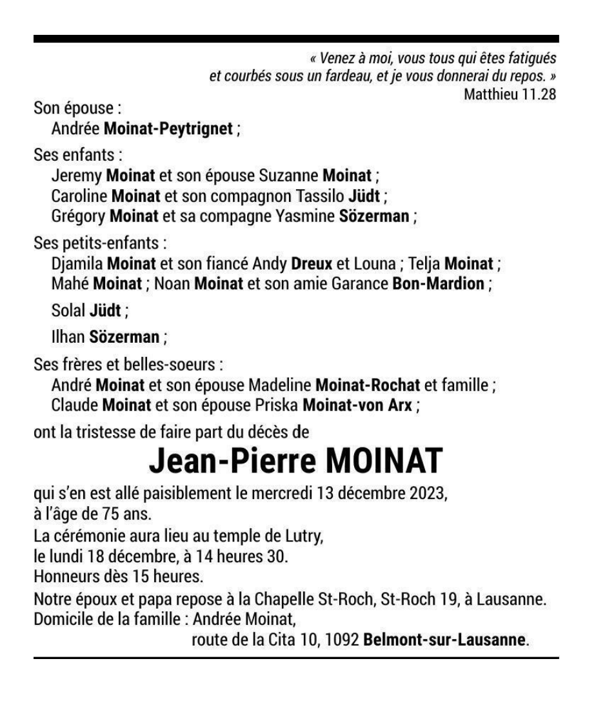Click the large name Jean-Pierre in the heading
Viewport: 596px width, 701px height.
[x=233, y=461]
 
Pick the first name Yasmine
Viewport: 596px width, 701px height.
[x=312, y=216]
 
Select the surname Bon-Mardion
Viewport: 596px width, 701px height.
[x=438, y=284]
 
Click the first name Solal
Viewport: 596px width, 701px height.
[x=68, y=310]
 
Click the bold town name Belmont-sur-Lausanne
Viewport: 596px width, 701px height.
[x=445, y=641]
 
